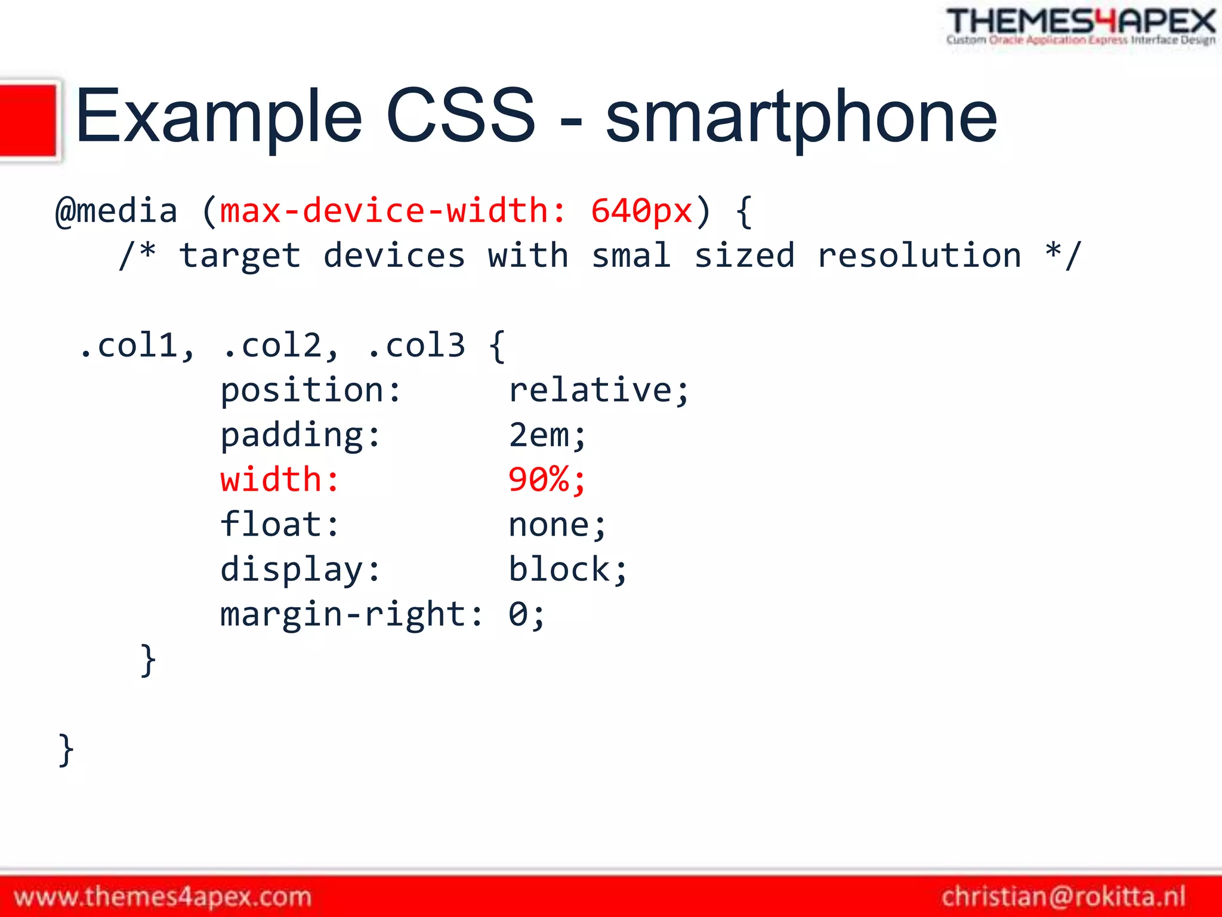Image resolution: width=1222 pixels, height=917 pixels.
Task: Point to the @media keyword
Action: pyautogui.click(x=116, y=211)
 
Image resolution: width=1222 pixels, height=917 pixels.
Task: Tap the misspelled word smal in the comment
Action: pyautogui.click(x=631, y=256)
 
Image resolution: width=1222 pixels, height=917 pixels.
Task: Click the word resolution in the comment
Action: pyautogui.click(x=919, y=256)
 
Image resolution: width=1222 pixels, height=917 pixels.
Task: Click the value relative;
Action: pyautogui.click(x=598, y=390)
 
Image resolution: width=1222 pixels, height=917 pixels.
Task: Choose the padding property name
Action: pyautogui.click(x=300, y=436)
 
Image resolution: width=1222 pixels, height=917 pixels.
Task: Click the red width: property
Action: pyautogui.click(x=280, y=480)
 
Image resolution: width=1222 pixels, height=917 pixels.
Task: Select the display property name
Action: pyautogui.click(x=300, y=570)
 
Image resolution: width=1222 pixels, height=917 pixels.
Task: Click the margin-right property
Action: pyautogui.click(x=351, y=614)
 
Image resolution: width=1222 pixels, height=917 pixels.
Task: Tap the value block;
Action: pyautogui.click(x=567, y=570)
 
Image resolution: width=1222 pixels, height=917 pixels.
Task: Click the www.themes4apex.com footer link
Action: pyautogui.click(x=163, y=897)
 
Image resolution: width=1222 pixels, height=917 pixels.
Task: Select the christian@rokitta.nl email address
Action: pyautogui.click(x=1063, y=897)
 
